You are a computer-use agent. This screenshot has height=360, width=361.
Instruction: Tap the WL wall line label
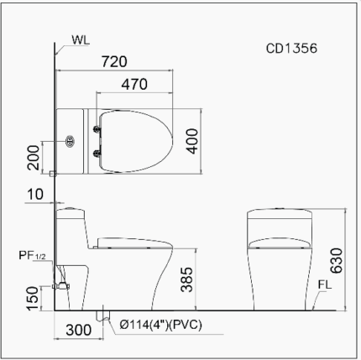(x=81, y=39)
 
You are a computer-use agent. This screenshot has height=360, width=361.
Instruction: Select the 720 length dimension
(x=113, y=62)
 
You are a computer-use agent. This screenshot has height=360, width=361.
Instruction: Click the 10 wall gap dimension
(x=34, y=195)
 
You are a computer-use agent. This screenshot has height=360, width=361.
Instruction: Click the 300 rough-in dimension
(x=76, y=331)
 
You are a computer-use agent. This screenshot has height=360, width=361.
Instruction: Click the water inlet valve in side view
(x=59, y=285)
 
